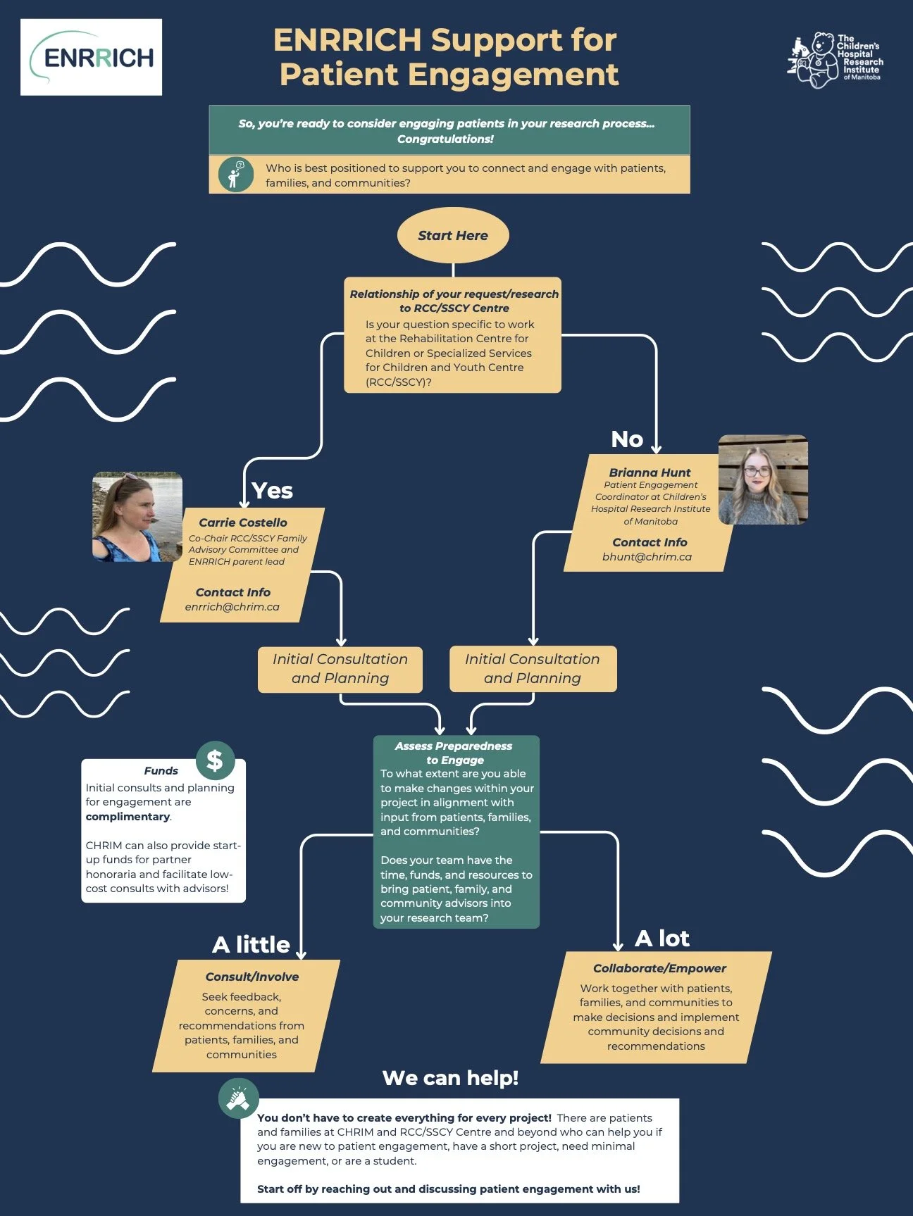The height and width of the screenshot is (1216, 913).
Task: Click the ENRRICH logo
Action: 92,57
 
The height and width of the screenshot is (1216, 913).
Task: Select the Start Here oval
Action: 453,235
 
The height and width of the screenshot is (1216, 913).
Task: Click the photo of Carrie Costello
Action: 137,517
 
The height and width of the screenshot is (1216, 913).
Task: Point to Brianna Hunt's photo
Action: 763,479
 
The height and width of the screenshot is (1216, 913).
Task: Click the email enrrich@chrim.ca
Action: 232,607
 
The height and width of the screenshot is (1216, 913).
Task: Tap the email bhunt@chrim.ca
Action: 647,557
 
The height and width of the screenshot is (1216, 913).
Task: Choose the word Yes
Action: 272,491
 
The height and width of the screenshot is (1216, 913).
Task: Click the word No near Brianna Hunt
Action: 627,439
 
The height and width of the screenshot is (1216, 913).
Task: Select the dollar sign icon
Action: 215,760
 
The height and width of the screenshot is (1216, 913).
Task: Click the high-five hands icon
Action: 239,1098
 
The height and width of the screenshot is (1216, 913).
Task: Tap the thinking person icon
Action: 235,174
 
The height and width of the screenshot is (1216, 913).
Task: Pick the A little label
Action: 251,944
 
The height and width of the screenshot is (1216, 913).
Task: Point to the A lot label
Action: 662,938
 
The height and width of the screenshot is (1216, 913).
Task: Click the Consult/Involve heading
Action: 252,977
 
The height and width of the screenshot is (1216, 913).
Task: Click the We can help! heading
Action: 450,1078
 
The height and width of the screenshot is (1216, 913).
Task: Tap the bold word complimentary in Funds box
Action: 128,817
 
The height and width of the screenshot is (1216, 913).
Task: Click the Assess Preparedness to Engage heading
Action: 454,753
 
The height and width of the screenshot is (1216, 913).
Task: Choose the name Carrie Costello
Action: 243,522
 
